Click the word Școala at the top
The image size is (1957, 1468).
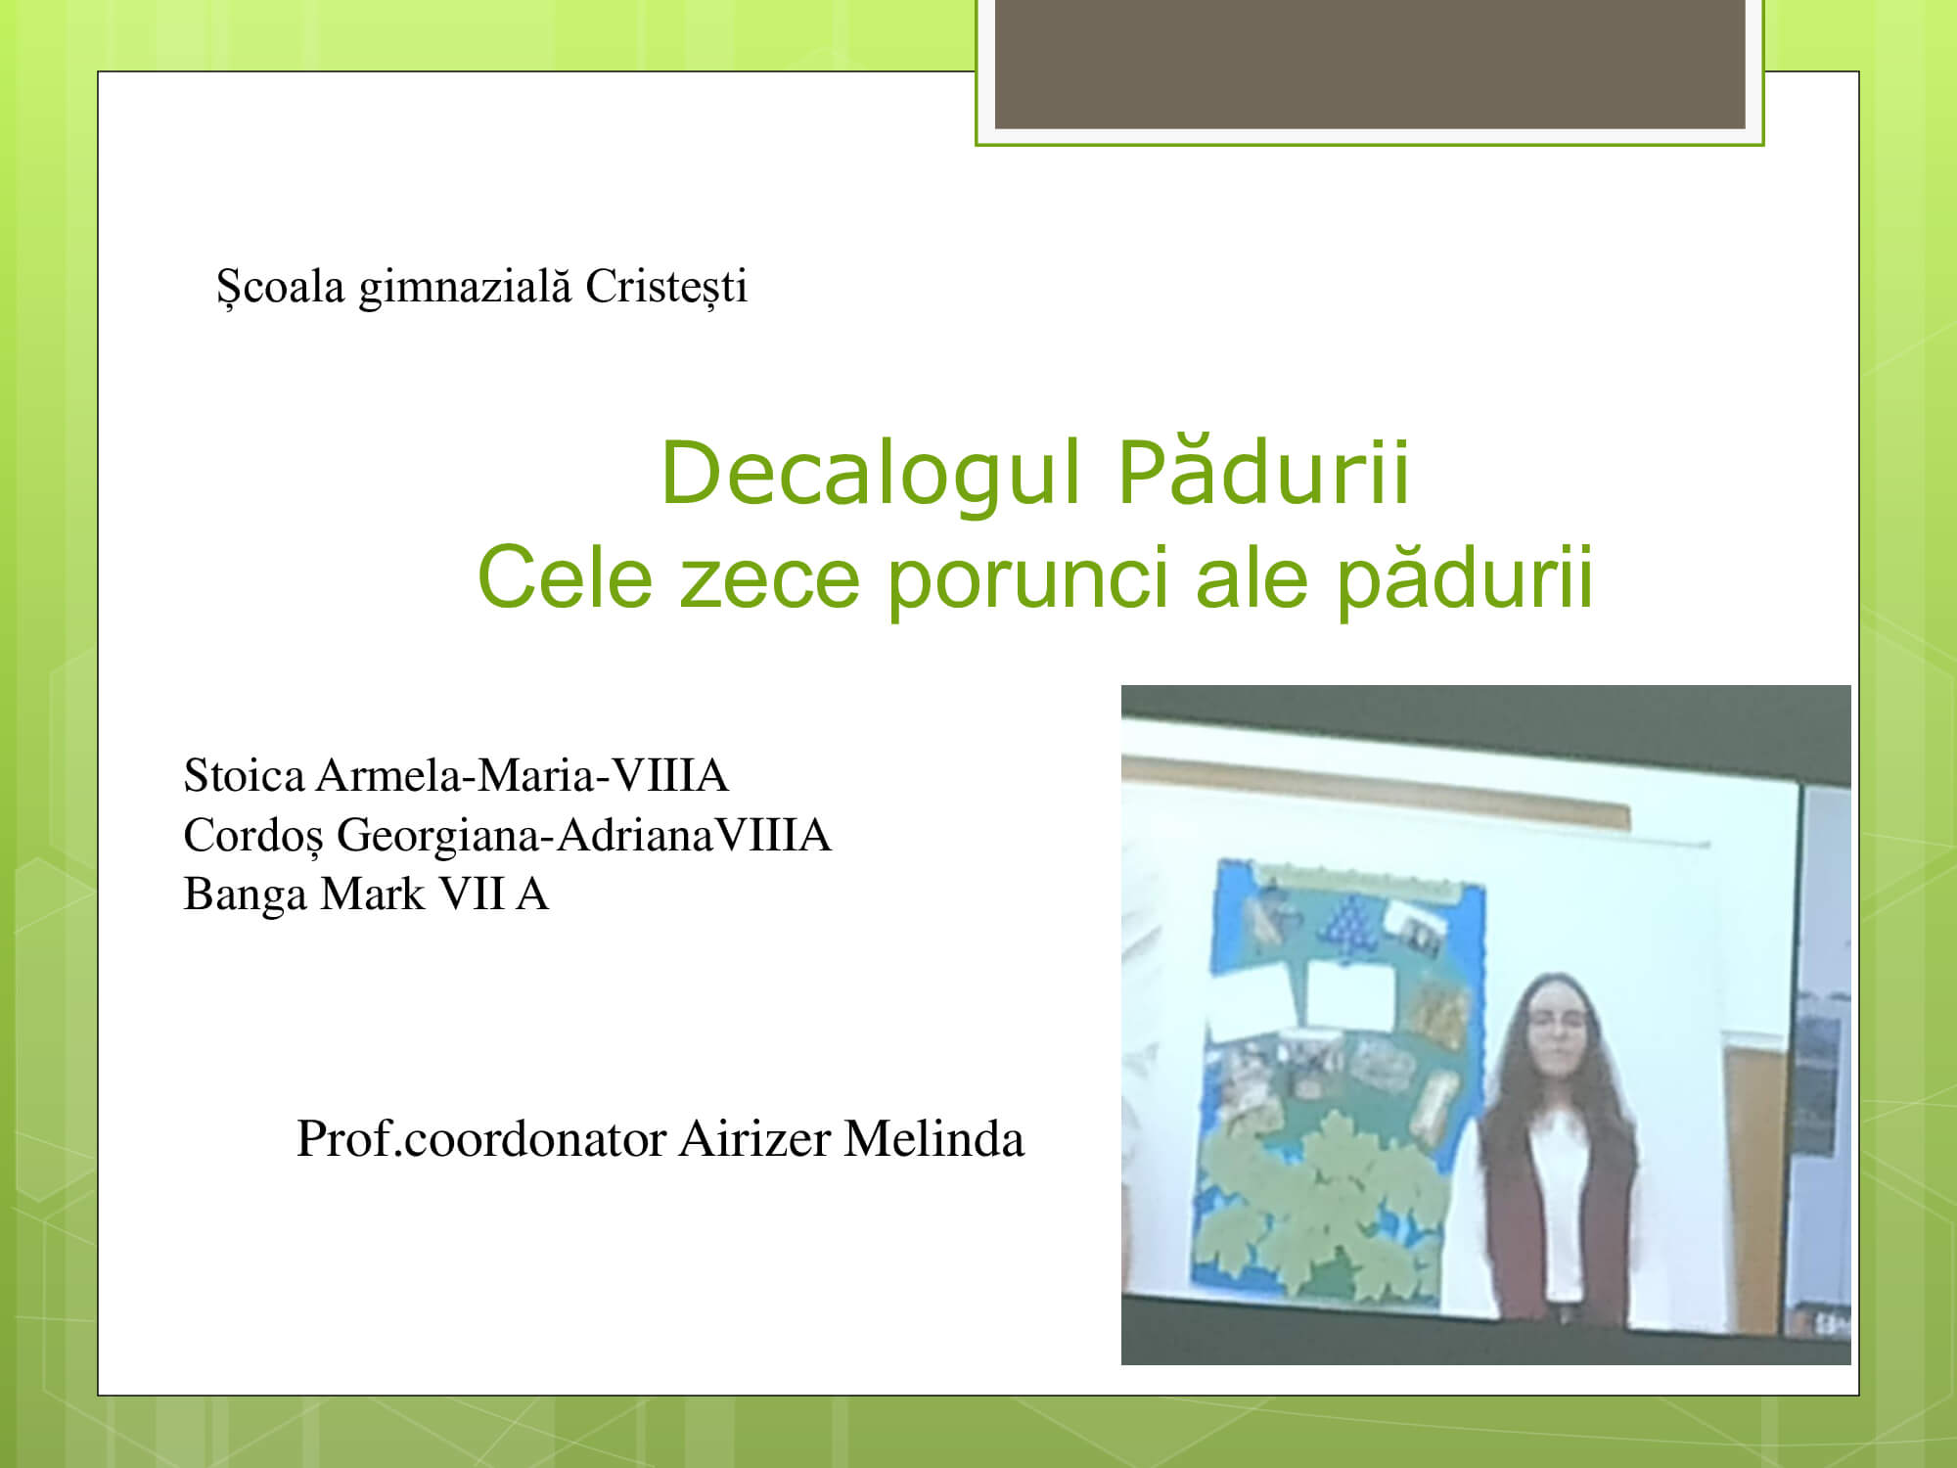[280, 288]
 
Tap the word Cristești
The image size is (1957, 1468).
[666, 288]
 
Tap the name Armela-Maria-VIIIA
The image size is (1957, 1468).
[523, 776]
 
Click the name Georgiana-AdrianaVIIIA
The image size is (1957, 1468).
[584, 837]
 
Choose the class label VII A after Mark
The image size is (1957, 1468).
[493, 895]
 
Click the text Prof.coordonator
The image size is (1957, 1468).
[481, 1139]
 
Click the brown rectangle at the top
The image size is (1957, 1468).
[1370, 64]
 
